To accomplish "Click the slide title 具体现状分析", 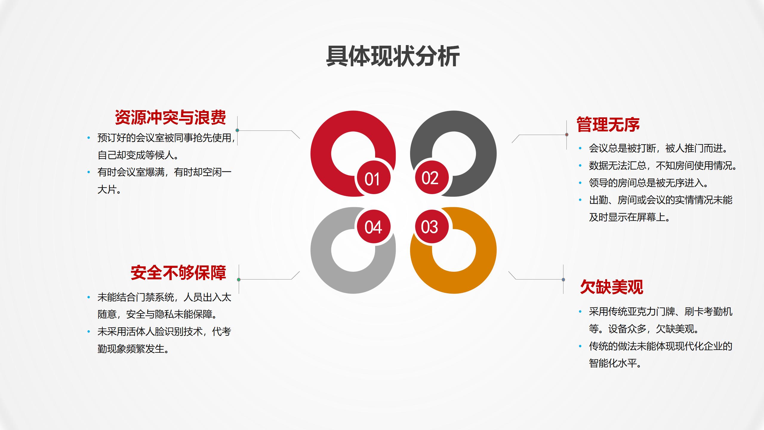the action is tap(393, 56).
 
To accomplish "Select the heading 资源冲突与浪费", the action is tap(170, 117).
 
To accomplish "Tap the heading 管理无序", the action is tap(608, 125).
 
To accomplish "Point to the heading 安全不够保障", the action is tap(178, 273).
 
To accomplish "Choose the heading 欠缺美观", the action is tap(611, 287).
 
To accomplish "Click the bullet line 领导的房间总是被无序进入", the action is tap(649, 183).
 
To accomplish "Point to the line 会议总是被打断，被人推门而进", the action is tap(659, 148).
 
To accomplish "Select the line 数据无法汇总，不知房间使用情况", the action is tap(663, 165).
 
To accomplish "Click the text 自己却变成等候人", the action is tap(138, 155).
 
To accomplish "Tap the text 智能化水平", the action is tap(615, 363).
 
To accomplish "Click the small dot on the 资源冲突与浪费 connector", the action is tap(237, 130).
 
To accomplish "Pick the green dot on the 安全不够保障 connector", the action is tap(239, 279).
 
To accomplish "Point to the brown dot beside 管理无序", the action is tap(567, 135).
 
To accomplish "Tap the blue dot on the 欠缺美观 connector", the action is tap(563, 279).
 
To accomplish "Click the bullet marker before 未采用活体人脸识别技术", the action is tap(89, 331).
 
